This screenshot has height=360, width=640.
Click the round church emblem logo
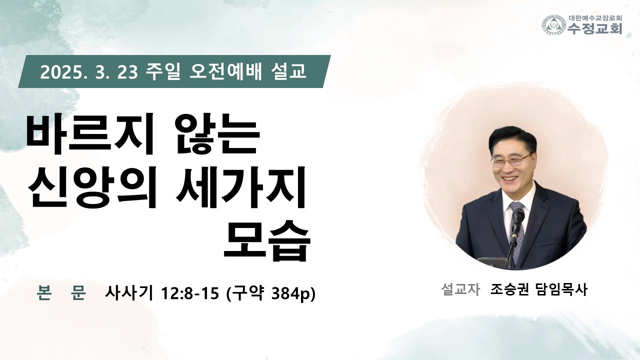pyautogui.click(x=554, y=25)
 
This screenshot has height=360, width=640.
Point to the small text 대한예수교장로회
pyautogui.click(x=594, y=18)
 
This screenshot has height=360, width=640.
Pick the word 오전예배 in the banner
pyautogui.click(x=225, y=71)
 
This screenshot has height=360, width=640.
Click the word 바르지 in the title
pyautogui.click(x=90, y=134)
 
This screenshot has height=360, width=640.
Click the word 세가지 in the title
pyautogui.click(x=241, y=187)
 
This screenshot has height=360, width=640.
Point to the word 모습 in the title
pyautogui.click(x=266, y=240)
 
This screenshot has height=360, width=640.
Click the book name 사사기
pyautogui.click(x=129, y=293)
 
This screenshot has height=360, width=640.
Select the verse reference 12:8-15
pyautogui.click(x=190, y=293)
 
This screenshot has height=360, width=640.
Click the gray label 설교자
pyautogui.click(x=460, y=289)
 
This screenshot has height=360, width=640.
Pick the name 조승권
pyautogui.click(x=509, y=289)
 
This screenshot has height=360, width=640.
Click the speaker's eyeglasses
pyautogui.click(x=511, y=160)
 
